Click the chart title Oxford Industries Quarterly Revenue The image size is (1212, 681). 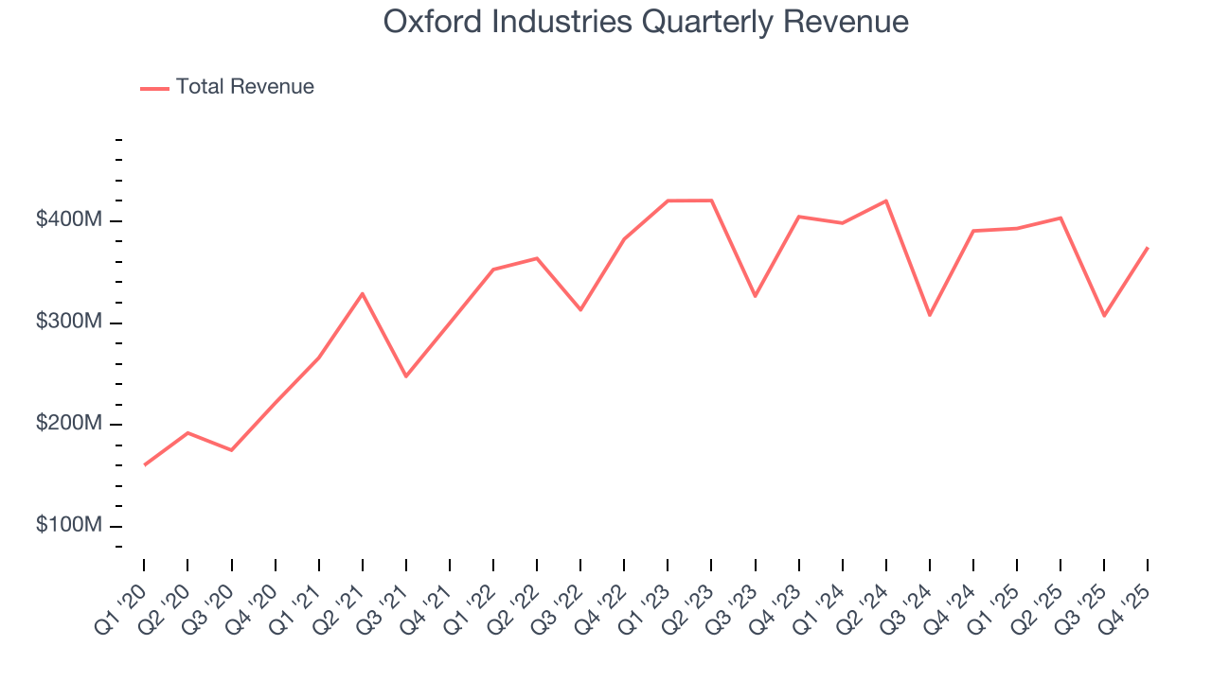(646, 22)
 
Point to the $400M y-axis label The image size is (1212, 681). (69, 220)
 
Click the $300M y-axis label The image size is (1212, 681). (69, 323)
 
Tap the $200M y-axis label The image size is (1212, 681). (69, 424)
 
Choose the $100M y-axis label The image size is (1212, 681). (69, 526)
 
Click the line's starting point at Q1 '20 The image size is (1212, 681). (144, 464)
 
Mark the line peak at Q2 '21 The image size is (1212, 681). (363, 293)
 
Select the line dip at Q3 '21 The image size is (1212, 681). (406, 376)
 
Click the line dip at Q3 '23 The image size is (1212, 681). (755, 296)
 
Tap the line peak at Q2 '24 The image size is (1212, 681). (886, 201)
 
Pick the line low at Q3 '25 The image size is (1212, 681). (1104, 316)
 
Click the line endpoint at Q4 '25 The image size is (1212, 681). (1148, 248)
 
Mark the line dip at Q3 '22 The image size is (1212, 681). (580, 309)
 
